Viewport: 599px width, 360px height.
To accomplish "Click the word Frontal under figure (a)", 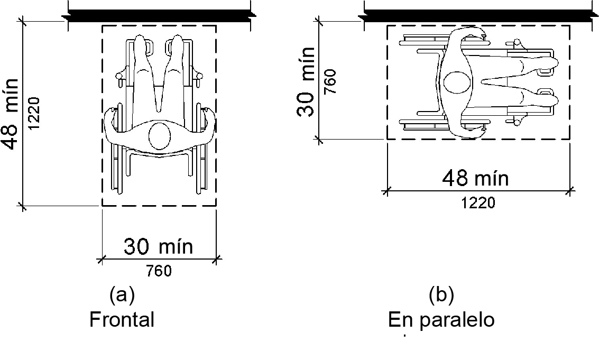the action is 122,319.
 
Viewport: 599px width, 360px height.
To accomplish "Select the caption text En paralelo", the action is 441,320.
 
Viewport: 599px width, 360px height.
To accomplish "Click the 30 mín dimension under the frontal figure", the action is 158,246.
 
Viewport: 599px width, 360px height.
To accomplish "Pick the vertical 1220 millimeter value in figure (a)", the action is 34,114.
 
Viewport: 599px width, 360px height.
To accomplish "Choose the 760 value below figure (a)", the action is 159,271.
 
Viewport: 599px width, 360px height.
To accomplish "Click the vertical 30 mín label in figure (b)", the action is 306,82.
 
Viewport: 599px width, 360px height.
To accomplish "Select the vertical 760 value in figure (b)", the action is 330,82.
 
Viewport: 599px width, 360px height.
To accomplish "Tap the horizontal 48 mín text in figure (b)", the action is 476,179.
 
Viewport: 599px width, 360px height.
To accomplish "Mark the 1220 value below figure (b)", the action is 478,202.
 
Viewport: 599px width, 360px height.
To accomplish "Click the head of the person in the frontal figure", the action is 159,136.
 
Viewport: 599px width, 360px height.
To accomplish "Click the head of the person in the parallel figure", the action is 457,82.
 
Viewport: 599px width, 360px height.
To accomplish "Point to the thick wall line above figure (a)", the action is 159,16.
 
